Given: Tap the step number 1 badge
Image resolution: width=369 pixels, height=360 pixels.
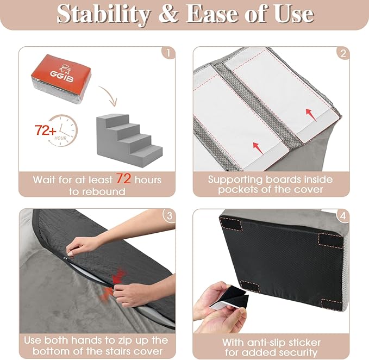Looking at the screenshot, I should [x=168, y=54].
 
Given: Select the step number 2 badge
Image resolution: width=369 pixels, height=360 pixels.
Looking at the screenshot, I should [x=342, y=54].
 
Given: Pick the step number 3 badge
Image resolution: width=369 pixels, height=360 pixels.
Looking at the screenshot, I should [x=168, y=216].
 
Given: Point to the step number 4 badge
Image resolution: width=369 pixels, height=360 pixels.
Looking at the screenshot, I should [x=342, y=216].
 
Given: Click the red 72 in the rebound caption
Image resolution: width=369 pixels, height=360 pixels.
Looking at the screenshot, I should [x=122, y=179].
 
